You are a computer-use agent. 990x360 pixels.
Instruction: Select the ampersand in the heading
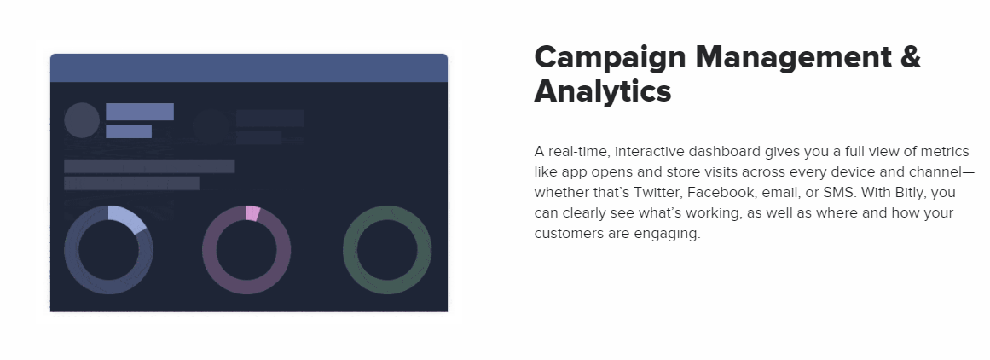(912, 57)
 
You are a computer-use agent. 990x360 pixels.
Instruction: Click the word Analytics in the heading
(602, 91)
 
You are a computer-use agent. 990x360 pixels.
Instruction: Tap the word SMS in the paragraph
(839, 193)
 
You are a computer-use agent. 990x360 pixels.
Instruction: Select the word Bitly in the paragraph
(910, 193)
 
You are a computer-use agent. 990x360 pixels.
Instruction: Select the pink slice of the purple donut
(252, 212)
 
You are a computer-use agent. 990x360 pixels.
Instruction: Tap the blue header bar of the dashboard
(249, 67)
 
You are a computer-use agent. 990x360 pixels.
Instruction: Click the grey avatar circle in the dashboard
(82, 120)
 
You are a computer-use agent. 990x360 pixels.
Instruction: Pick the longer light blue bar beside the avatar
(140, 112)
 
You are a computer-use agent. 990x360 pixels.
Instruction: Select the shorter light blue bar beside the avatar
(129, 131)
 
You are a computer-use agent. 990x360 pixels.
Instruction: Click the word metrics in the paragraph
(945, 152)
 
